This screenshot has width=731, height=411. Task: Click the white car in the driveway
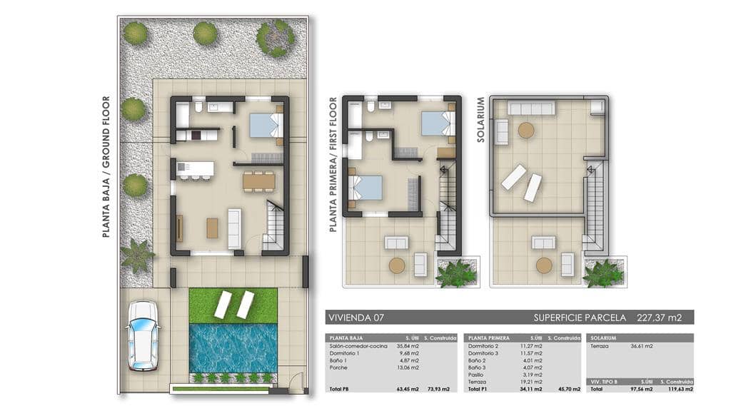[143, 335]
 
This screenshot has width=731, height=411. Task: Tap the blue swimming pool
[233, 348]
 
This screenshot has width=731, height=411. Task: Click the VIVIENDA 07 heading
[355, 317]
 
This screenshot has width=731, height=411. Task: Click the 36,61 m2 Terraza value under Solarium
[641, 346]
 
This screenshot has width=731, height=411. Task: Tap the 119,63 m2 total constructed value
[679, 389]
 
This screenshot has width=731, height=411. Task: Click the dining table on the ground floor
[258, 181]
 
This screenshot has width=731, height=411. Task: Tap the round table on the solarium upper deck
[526, 130]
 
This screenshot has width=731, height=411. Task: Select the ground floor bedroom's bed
[266, 126]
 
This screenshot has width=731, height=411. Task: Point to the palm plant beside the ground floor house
[137, 255]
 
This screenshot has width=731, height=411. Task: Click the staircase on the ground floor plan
[274, 225]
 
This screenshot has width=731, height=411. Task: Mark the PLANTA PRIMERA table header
[488, 338]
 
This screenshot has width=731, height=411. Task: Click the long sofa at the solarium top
[530, 108]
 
